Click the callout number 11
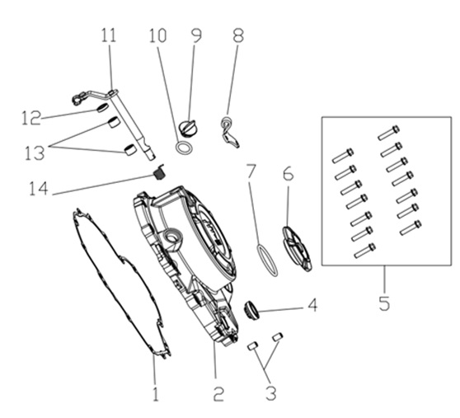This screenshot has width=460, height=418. [109, 35]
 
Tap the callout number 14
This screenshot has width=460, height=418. [39, 188]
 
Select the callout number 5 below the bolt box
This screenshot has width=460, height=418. [384, 303]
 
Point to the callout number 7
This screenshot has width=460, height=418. [251, 171]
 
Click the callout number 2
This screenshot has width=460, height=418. [218, 394]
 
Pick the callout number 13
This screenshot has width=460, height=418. [35, 153]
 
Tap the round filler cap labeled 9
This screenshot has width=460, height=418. [188, 128]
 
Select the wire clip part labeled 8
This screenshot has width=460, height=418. [229, 132]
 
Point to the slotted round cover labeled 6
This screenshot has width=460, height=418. [297, 249]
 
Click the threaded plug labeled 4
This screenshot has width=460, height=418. [251, 311]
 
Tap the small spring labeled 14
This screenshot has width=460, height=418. [159, 172]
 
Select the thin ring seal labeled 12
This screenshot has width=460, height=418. [102, 108]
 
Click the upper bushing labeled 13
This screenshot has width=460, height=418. [114, 122]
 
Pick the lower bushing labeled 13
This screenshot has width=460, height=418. [129, 150]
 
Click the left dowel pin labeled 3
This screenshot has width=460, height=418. [252, 345]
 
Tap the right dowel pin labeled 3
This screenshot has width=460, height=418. [277, 336]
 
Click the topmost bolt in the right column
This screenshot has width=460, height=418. [389, 133]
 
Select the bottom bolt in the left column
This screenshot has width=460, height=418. [365, 251]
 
